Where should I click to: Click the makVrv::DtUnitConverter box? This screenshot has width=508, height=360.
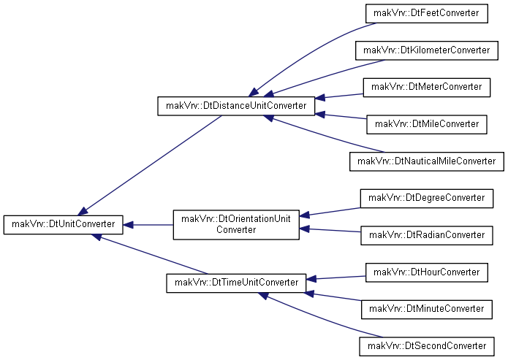[63, 225]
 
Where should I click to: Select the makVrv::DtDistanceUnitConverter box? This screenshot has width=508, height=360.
[236, 106]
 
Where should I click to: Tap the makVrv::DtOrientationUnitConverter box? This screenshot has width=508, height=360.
[236, 225]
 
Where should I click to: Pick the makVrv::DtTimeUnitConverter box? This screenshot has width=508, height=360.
[236, 283]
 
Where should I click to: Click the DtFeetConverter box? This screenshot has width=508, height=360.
[427, 13]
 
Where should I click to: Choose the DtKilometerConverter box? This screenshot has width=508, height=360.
[427, 50]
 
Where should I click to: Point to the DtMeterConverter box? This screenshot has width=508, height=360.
[427, 88]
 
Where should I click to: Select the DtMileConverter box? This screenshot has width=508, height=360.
[427, 124]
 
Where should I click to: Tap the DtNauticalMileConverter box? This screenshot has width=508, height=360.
[427, 161]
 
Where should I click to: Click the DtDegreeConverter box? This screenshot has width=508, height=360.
[427, 199]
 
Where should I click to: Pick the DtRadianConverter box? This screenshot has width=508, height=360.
[427, 235]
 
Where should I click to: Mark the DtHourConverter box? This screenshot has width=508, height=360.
[427, 272]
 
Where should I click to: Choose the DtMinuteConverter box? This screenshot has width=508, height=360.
[427, 309]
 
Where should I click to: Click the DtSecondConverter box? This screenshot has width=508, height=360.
[427, 346]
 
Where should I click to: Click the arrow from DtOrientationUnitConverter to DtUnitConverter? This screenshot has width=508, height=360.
[148, 225]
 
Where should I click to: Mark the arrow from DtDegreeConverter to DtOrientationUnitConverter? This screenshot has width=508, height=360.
[330, 212]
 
